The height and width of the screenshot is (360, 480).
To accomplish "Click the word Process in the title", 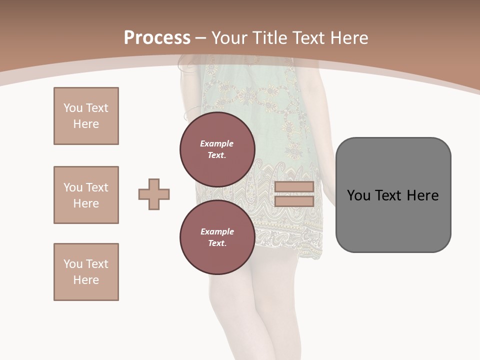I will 157,38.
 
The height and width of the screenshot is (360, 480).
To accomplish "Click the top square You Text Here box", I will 86,116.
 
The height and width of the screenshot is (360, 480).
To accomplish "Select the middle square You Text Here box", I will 86,195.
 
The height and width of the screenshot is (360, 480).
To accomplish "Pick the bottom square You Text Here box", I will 86,272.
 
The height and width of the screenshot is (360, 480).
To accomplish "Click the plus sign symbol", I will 154,194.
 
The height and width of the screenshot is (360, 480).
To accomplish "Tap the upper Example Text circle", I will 217,149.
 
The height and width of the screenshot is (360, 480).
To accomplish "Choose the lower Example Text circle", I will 217,237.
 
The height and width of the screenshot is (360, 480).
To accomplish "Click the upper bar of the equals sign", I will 294,186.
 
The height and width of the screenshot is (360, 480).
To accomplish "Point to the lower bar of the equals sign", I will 294,201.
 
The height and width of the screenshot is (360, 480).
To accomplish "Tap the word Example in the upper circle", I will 217,143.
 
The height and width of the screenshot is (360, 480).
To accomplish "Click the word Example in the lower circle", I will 217,231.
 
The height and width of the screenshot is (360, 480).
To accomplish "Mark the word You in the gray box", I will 358,195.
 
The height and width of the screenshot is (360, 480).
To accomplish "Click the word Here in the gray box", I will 422,195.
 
